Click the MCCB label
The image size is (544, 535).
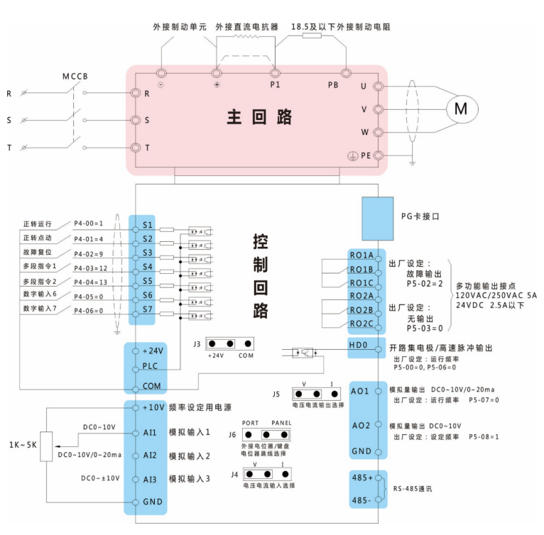point(76,76)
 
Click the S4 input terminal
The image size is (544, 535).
point(147,267)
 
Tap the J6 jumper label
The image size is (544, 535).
point(232,434)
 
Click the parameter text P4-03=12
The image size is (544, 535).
point(90,267)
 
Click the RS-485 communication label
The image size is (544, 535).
point(412,490)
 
